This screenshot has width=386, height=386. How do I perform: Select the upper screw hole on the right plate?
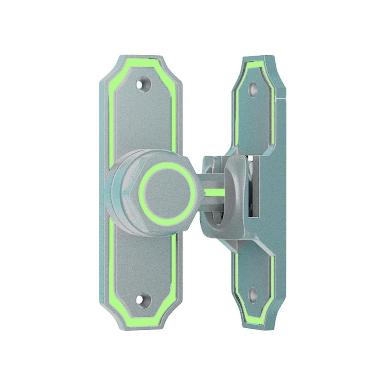pos(253,88)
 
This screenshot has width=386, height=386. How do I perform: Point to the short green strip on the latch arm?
pos(215,192)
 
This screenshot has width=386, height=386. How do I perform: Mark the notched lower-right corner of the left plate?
pos(174,317)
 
